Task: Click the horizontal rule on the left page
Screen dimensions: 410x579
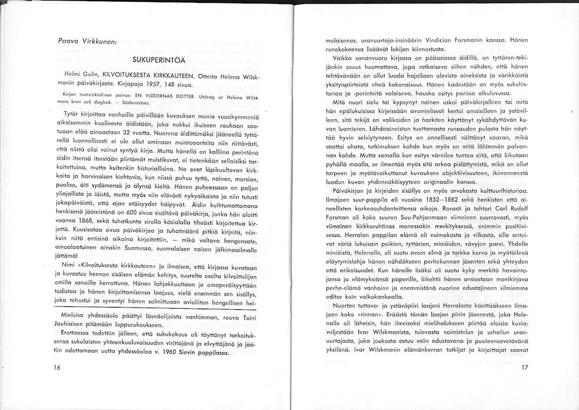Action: coord(153,306)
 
